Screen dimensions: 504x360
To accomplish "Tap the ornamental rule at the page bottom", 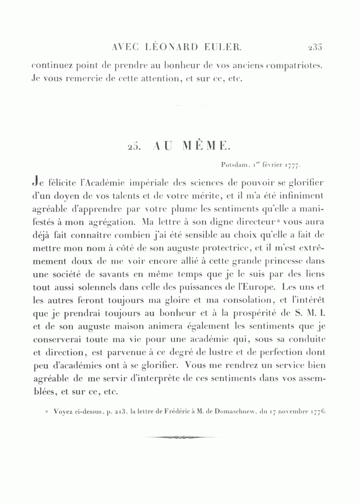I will pyautogui.click(x=180, y=437).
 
